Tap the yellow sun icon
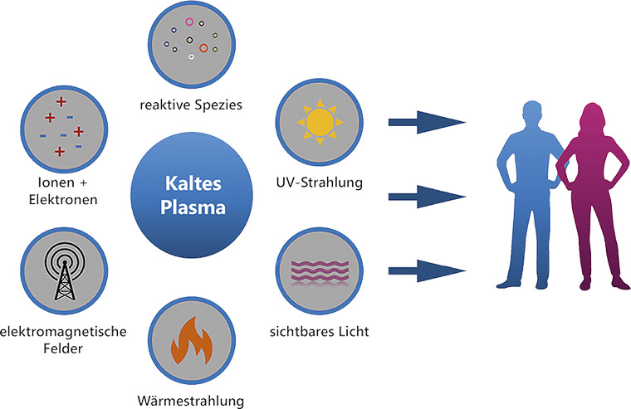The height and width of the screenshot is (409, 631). coord(318,122)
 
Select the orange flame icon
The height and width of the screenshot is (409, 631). coord(190,341)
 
